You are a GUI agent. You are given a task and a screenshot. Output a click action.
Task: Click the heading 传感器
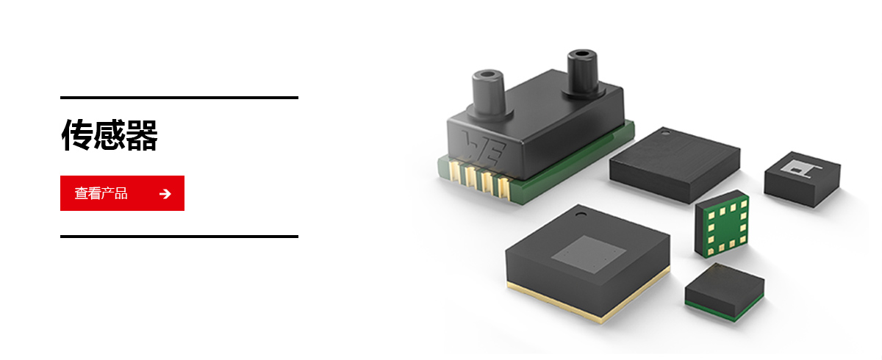(110, 135)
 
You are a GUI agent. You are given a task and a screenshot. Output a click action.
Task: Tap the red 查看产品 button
(122, 193)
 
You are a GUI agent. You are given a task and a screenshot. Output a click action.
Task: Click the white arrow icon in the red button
(165, 193)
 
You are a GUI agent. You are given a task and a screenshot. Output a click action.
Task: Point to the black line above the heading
(179, 98)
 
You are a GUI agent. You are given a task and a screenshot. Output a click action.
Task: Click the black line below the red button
(179, 237)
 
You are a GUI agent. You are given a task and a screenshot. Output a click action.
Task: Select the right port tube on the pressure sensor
(583, 73)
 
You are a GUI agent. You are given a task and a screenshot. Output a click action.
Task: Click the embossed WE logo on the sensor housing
(484, 148)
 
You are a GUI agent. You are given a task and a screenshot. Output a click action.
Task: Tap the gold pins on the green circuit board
(481, 181)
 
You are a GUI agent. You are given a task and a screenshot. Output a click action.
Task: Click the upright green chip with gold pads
(722, 224)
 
